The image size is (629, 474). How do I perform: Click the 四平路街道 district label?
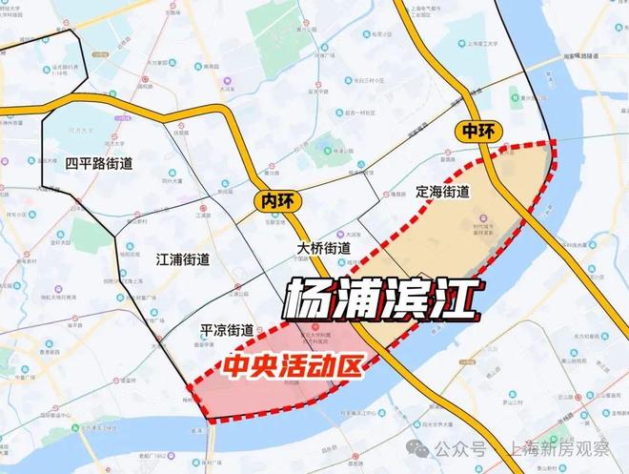(99, 163)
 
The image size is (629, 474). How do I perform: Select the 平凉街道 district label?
(227, 330)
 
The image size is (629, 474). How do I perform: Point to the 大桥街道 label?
(323, 247)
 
